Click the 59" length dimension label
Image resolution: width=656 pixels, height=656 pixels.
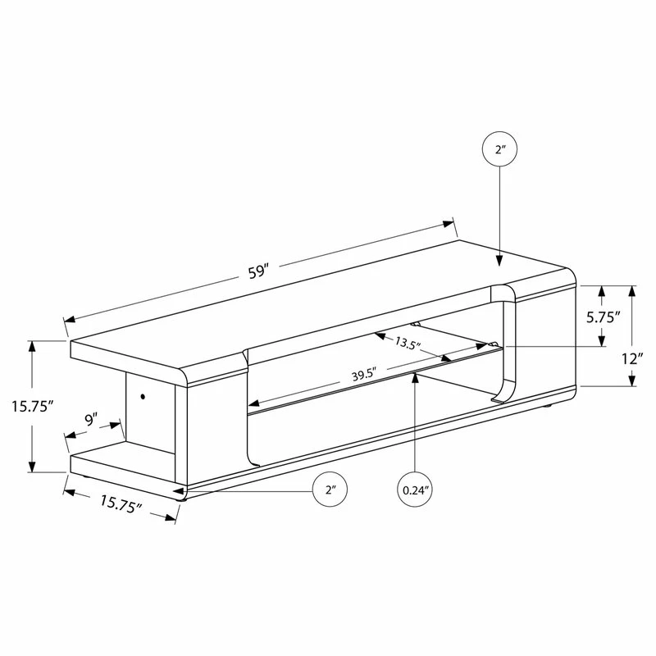[x=257, y=272]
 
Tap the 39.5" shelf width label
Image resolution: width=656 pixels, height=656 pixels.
[x=365, y=374]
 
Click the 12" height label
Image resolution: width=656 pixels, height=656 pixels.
[x=631, y=359]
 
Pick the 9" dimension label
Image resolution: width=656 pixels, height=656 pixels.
[x=91, y=419]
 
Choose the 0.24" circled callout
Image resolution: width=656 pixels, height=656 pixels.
[x=415, y=490]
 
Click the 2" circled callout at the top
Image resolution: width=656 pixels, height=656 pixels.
[x=499, y=149]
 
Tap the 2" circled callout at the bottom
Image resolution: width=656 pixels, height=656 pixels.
[x=330, y=490]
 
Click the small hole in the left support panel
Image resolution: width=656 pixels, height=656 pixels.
[x=143, y=396]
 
